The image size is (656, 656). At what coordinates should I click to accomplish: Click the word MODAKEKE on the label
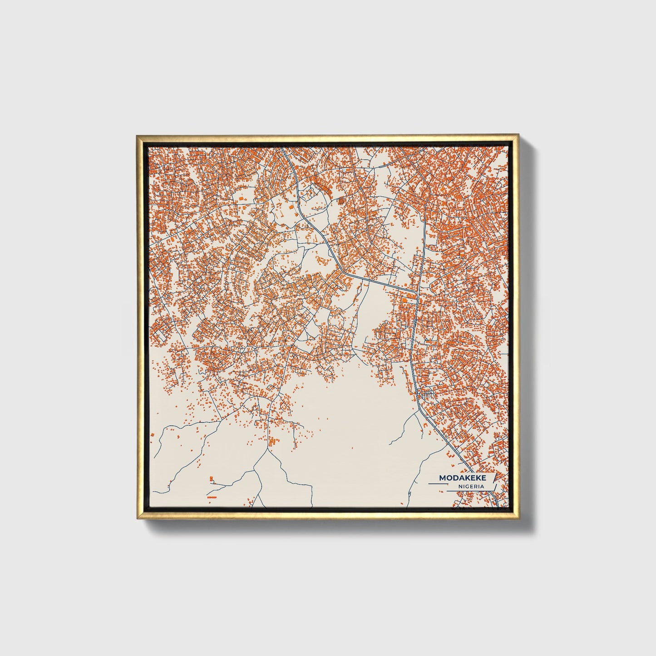(463, 478)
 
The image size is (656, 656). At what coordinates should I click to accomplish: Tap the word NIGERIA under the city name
(471, 487)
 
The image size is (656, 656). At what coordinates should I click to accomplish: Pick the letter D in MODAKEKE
(455, 478)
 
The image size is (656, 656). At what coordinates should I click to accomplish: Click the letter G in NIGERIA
(466, 487)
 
